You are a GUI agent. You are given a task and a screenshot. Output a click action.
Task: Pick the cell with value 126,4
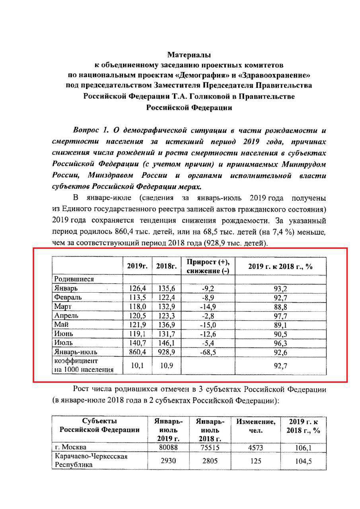137,288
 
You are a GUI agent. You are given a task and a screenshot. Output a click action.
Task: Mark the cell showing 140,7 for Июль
137,343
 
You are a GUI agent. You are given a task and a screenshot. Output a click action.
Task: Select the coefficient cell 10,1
137,365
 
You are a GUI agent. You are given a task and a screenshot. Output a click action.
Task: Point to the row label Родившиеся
74,279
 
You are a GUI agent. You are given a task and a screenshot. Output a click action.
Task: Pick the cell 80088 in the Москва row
168,447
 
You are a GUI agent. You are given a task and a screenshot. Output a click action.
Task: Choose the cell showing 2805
210,460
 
